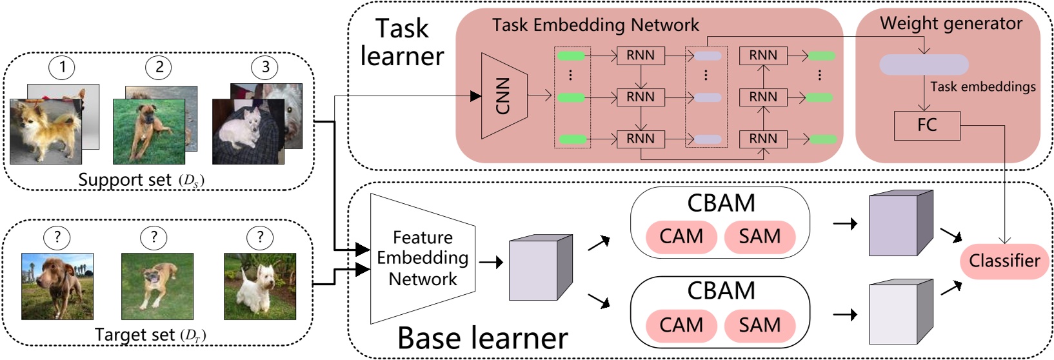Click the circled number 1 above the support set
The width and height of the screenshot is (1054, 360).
(62, 67)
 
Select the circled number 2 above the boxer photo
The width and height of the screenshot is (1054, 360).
(159, 67)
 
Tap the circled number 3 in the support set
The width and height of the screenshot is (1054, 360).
(265, 67)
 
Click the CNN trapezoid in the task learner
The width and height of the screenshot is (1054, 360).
(504, 96)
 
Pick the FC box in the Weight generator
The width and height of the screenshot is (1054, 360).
(926, 125)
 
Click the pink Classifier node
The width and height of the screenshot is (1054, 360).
(1004, 261)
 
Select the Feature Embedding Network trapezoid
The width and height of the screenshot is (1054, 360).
(423, 258)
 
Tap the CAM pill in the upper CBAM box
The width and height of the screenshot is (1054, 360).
(681, 237)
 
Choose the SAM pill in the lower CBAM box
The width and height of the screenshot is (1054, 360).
(759, 325)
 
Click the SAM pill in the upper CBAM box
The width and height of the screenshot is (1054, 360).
(759, 237)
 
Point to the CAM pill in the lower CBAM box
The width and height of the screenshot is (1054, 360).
(681, 325)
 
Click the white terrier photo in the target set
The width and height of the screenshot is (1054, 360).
(260, 286)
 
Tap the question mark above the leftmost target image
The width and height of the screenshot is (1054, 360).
(57, 237)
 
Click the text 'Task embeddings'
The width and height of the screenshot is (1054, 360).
(982, 87)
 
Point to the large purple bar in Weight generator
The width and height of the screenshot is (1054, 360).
(924, 65)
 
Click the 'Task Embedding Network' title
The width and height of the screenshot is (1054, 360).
(595, 25)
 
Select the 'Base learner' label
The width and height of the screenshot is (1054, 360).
(482, 338)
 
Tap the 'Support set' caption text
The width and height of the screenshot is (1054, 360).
(125, 180)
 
